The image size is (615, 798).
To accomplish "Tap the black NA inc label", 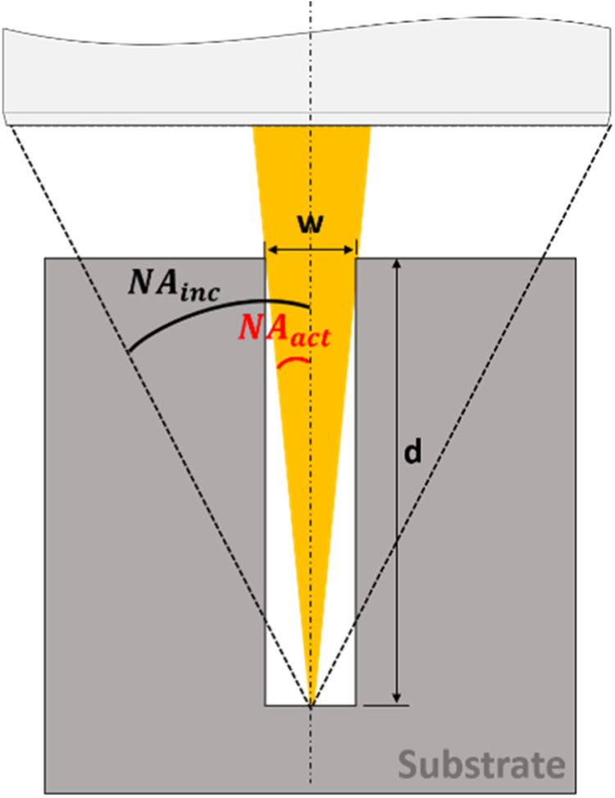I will (174, 286).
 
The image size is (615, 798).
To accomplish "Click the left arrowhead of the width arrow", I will (268, 250).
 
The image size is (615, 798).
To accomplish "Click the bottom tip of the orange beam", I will (310, 701).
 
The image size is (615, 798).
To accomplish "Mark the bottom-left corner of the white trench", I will (265, 705).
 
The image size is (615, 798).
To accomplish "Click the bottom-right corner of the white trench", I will (355, 705).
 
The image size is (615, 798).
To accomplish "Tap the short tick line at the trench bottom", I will (385, 705).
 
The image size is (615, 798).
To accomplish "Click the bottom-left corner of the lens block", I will (6, 125).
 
